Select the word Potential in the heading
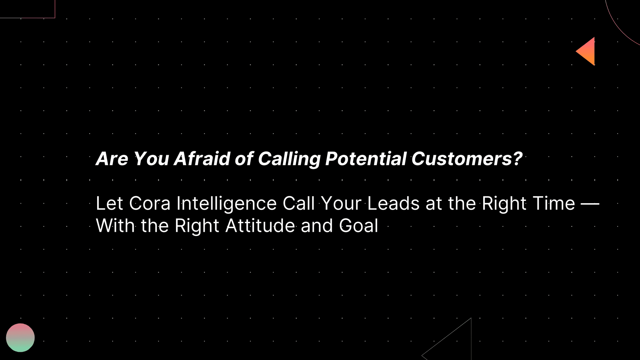[366, 159]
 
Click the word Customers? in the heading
[466, 159]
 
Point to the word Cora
[149, 203]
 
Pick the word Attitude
[260, 226]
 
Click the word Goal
[358, 226]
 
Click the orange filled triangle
[587, 52]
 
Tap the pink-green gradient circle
[20, 337]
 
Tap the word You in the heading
[151, 159]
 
